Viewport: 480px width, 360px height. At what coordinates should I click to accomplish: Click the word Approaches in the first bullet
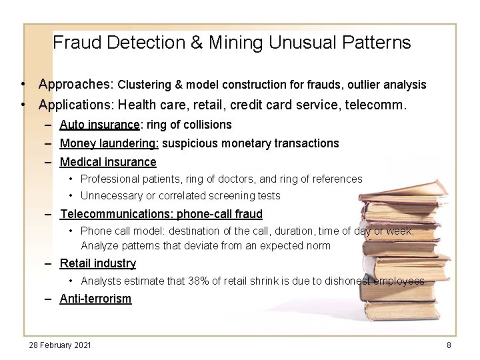pos(73,85)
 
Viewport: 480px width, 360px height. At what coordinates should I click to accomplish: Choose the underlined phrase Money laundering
pos(109,143)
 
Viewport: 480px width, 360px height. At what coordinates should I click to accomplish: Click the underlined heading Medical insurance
pos(108,162)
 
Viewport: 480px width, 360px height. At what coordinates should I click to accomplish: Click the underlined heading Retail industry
pos(98,263)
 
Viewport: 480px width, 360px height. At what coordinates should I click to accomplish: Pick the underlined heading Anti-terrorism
pos(96,299)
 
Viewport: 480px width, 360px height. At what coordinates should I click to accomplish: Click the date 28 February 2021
pos(60,345)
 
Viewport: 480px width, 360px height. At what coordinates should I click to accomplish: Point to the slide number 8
pos(449,345)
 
